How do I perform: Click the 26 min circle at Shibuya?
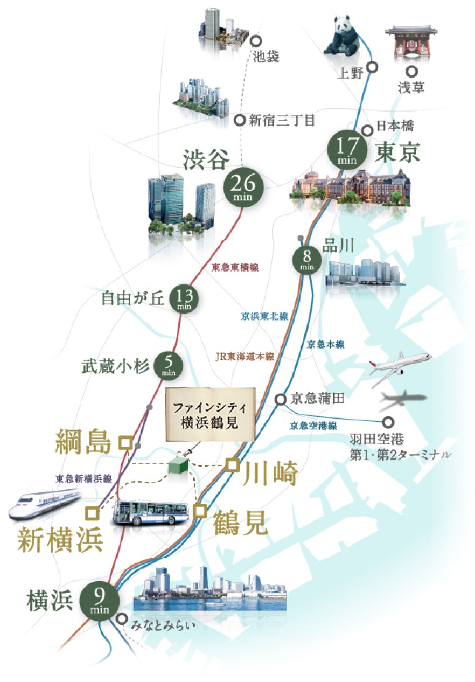243,187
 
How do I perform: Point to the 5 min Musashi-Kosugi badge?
169,366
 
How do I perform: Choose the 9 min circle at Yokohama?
100,600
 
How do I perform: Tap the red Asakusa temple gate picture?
409,43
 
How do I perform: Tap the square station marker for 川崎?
232,465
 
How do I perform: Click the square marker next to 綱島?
125,442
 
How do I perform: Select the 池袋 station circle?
256,40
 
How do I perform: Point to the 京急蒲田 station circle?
280,399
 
